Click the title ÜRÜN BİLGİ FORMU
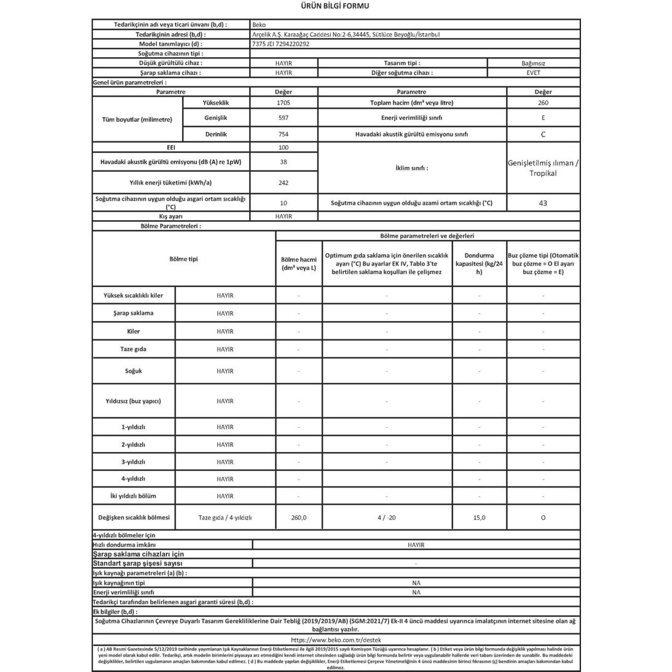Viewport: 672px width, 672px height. [336, 6]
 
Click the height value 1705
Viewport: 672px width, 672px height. [283, 103]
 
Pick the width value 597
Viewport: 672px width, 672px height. [283, 117]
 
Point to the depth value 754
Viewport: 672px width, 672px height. [283, 134]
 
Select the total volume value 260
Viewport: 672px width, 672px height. [543, 103]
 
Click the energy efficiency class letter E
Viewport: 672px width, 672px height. [543, 117]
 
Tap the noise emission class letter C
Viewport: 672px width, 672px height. [543, 134]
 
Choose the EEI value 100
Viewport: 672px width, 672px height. [283, 148]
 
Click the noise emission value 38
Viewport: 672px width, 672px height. [283, 162]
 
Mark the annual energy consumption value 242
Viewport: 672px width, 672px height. [283, 183]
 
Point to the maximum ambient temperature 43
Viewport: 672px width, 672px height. [543, 203]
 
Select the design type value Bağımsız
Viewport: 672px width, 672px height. [533, 63]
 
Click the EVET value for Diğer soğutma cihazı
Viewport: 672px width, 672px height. [533, 73]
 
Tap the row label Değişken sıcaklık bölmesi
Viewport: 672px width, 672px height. [133, 517]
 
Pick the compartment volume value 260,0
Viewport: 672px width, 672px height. [299, 518]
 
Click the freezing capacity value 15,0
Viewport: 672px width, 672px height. [480, 518]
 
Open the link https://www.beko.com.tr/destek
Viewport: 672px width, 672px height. [336, 639]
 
